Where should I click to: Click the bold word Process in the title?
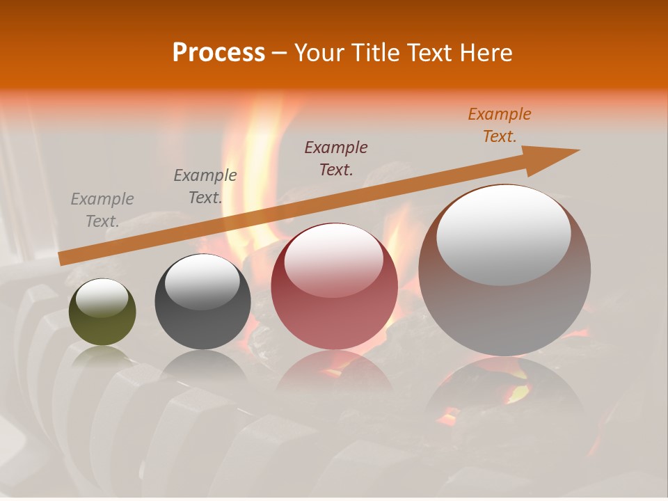tap(218, 53)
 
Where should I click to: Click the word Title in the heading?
tap(376, 53)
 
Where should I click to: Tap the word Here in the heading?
tap(487, 53)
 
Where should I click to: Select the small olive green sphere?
tap(102, 312)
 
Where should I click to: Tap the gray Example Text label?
tap(102, 210)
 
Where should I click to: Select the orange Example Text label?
tap(500, 125)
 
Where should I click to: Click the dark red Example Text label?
tap(336, 158)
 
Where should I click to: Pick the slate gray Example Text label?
tap(205, 186)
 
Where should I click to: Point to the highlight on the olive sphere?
tap(102, 298)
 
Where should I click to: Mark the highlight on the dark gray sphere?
tap(202, 282)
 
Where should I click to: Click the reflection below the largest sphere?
tap(504, 397)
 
